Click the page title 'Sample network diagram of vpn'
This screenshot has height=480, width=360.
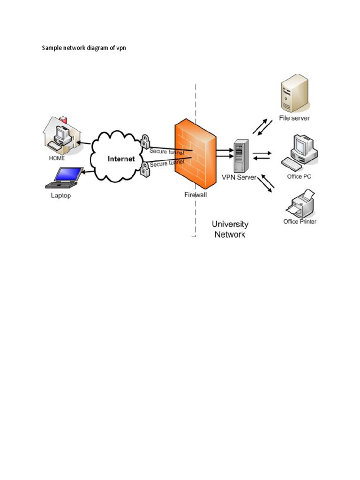[x=84, y=48]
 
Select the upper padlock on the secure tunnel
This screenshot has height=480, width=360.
[x=145, y=141]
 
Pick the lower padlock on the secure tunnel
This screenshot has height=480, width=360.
[x=144, y=172]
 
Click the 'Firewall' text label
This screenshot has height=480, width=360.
[x=195, y=195]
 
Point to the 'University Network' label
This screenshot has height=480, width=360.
[x=230, y=229]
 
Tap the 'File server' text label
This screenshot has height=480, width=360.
[x=294, y=118]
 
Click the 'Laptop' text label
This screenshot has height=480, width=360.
[x=61, y=195]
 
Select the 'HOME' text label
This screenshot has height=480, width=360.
[x=57, y=158]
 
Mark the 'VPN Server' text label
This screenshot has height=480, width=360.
[x=240, y=178]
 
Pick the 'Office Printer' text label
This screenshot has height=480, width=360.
[x=300, y=221]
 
